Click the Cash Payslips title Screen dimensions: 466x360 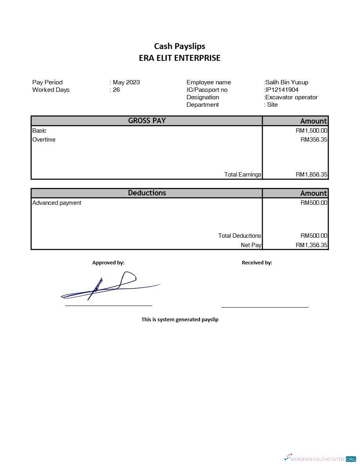tap(180, 46)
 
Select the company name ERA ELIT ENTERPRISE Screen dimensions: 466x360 tap(180, 58)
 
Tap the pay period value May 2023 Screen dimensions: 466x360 tap(126, 82)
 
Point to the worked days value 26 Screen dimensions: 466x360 tap(116, 90)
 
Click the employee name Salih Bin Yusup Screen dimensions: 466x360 tap(287, 82)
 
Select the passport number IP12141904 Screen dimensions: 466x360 tap(282, 90)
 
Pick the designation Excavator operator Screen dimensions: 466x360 tap(291, 97)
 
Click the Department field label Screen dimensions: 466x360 tap(203, 105)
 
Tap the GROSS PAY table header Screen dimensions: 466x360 tap(147, 121)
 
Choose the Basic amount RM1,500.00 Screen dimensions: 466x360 tap(311, 131)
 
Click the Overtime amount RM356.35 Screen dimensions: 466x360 tap(314, 140)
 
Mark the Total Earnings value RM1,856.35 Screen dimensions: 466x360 tap(311, 175)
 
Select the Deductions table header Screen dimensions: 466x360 tap(147, 193)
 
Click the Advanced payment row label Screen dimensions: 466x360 tap(57, 203)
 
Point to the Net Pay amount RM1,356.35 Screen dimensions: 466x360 tap(311, 245)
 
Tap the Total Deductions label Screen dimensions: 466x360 tap(239, 236)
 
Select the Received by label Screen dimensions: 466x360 tap(257, 263)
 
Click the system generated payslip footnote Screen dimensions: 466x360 tap(180, 319)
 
